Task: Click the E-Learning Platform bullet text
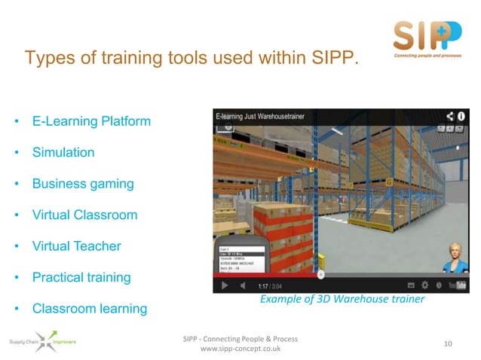pos(91,121)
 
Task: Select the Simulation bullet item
pos(63,153)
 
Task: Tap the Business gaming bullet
pos(83,184)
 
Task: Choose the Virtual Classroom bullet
pos(84,215)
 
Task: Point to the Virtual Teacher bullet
pos(76,246)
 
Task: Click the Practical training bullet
pos(81,278)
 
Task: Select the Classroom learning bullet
pos(90,309)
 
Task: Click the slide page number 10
pos(449,344)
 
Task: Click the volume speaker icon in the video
pos(242,286)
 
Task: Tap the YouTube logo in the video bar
pos(457,286)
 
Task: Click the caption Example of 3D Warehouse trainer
pos(342,300)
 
